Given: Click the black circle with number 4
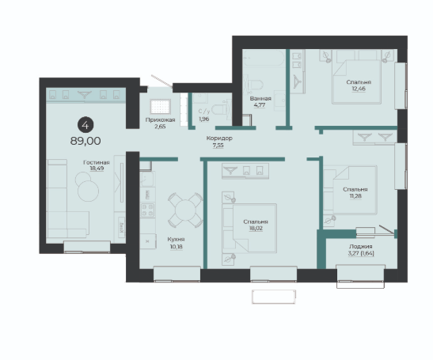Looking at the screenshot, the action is [85, 125].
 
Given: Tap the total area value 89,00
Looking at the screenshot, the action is [85, 141].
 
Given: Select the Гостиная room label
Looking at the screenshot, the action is [97, 163].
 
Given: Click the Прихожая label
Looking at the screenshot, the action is [160, 119].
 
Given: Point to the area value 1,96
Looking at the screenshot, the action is [204, 119].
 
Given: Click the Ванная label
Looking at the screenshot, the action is [260, 98].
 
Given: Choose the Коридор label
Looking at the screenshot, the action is [219, 138].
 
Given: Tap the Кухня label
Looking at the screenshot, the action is [176, 240].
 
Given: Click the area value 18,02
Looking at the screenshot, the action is [256, 229].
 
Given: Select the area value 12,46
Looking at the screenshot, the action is [359, 89].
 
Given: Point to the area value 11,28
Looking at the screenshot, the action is [355, 196].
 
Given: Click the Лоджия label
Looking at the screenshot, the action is [361, 247].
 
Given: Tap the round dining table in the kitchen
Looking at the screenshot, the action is [185, 210].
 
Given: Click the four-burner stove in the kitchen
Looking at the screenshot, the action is [147, 210].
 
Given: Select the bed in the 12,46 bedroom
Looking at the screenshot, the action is [357, 82].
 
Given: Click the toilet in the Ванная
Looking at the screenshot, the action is [255, 85].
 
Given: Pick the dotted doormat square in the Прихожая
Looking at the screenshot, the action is [161, 107].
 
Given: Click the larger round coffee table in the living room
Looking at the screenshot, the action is [88, 191].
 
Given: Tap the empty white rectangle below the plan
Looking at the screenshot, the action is [274, 297].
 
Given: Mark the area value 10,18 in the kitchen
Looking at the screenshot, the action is [177, 247].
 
